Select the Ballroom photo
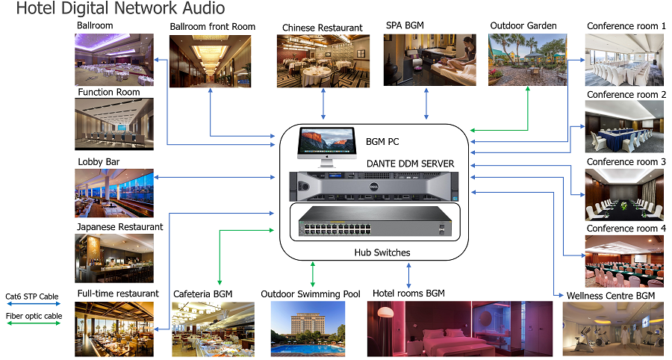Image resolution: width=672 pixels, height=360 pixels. pos(113,59)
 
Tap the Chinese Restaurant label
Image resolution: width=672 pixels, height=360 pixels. pos(322,28)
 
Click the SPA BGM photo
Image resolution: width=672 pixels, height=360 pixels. pos(429,60)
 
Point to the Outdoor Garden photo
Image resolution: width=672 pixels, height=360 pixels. pos(527,60)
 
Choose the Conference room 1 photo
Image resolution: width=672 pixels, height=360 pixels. pos(623,60)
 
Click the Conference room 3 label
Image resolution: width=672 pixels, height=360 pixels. pos(626,161)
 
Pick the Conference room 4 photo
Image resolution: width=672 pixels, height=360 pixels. pos(623,261)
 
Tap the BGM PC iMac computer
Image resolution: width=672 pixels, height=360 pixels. pos(327,146)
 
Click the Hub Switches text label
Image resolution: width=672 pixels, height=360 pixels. pos(382,252)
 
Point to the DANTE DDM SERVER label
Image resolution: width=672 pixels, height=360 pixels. pos(411,164)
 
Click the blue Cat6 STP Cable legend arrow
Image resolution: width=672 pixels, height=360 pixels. pos(32,305)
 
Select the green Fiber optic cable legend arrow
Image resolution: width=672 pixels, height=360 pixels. pos(32,324)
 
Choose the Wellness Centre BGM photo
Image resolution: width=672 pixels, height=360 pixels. pos(612,329)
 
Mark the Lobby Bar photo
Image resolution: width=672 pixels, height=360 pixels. pos(113,193)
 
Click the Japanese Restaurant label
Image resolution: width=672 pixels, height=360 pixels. pos(119,226)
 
